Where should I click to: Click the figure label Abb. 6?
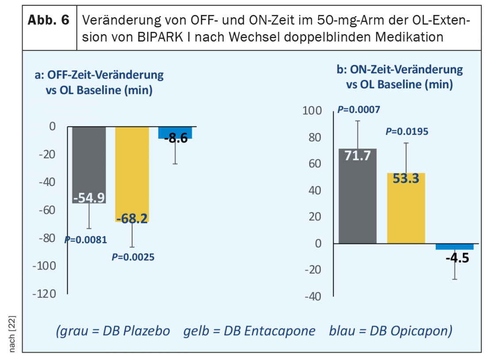coord(49,21)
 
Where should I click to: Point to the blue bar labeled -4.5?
coord(455,246)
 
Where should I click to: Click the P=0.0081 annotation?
coord(86,240)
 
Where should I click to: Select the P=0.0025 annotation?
coord(133,257)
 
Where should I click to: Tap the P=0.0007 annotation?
coord(358,110)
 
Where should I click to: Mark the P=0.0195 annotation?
coord(407,131)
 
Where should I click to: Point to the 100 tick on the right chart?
coord(312,111)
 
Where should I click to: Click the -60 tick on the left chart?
coord(47,210)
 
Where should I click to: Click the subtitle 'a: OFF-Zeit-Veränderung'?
coord(99,75)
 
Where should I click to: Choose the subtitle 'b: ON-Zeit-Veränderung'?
coord(400,69)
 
